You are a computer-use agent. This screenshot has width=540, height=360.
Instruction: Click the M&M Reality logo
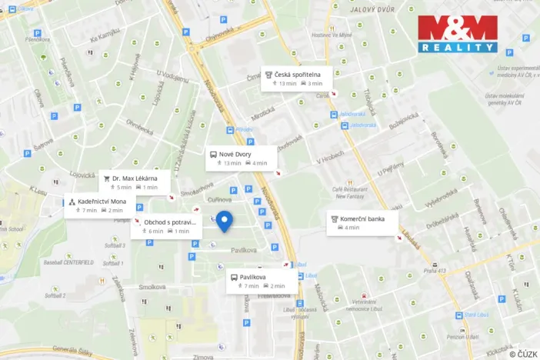point(458,34)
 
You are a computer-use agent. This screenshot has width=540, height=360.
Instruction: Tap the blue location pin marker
point(224,222)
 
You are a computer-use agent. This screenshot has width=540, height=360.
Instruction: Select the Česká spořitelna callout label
point(296,78)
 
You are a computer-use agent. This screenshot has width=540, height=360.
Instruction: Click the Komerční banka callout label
point(362,222)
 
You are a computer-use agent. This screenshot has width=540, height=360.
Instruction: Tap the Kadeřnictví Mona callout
point(100,205)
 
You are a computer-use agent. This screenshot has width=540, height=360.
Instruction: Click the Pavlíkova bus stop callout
point(260,281)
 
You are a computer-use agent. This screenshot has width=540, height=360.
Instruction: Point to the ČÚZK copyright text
point(523,353)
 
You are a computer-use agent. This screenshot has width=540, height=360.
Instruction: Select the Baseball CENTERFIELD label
point(69,262)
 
